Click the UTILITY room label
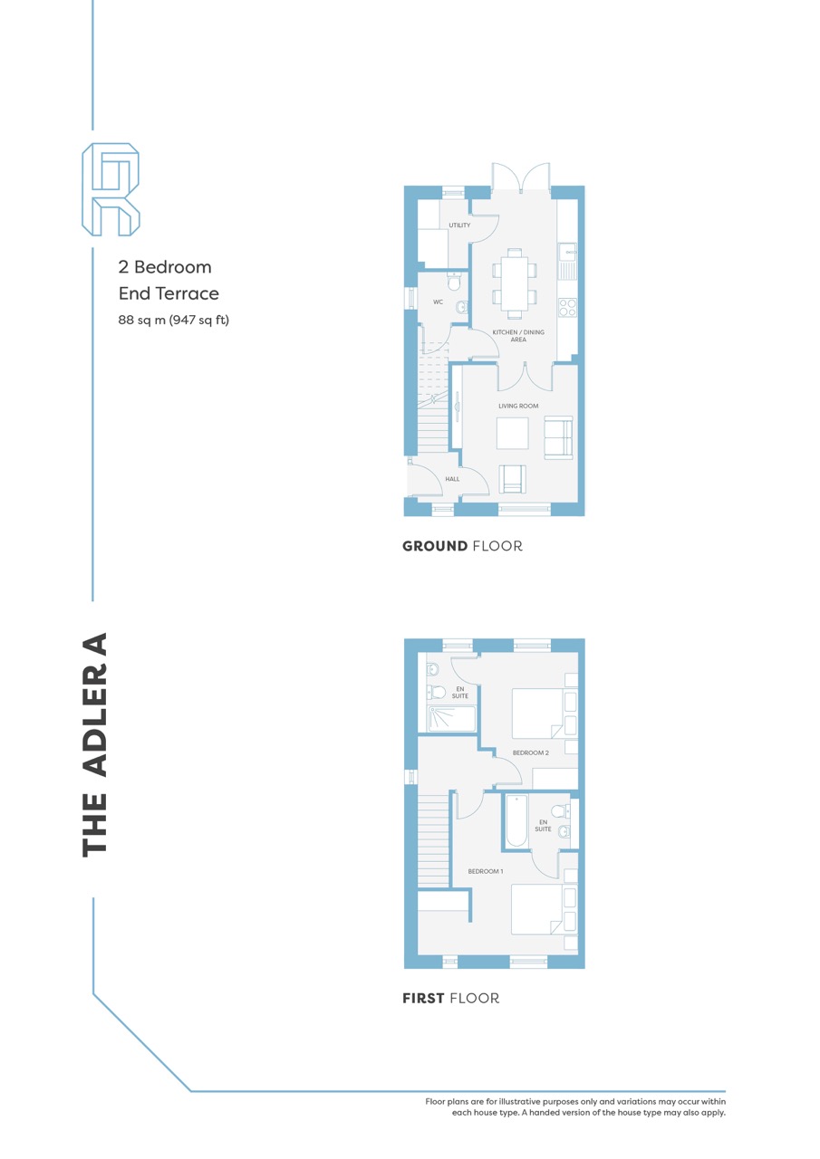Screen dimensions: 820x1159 (x=459, y=225)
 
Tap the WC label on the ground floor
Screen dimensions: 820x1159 (x=438, y=302)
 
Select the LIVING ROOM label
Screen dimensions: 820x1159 (x=518, y=407)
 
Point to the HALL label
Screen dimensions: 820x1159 (x=452, y=479)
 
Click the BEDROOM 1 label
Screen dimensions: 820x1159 (x=486, y=871)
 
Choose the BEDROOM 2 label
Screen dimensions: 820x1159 (x=531, y=752)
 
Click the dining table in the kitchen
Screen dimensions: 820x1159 (x=515, y=283)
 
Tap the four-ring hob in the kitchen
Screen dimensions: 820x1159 (x=567, y=307)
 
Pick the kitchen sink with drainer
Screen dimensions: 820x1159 (x=567, y=262)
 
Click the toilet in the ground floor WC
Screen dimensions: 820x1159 (x=454, y=281)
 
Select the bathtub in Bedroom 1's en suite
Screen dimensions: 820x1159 (x=516, y=820)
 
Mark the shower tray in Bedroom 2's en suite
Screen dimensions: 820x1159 (x=451, y=719)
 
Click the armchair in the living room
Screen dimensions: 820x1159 (x=513, y=479)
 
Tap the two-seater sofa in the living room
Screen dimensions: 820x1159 (x=558, y=437)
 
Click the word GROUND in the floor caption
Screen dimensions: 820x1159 (x=435, y=546)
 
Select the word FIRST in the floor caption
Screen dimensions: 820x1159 (x=423, y=998)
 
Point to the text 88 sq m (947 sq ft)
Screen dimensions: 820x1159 (x=173, y=321)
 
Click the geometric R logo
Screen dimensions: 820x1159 (x=111, y=189)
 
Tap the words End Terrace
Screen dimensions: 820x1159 (x=169, y=293)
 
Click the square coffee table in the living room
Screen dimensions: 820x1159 (x=513, y=433)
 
